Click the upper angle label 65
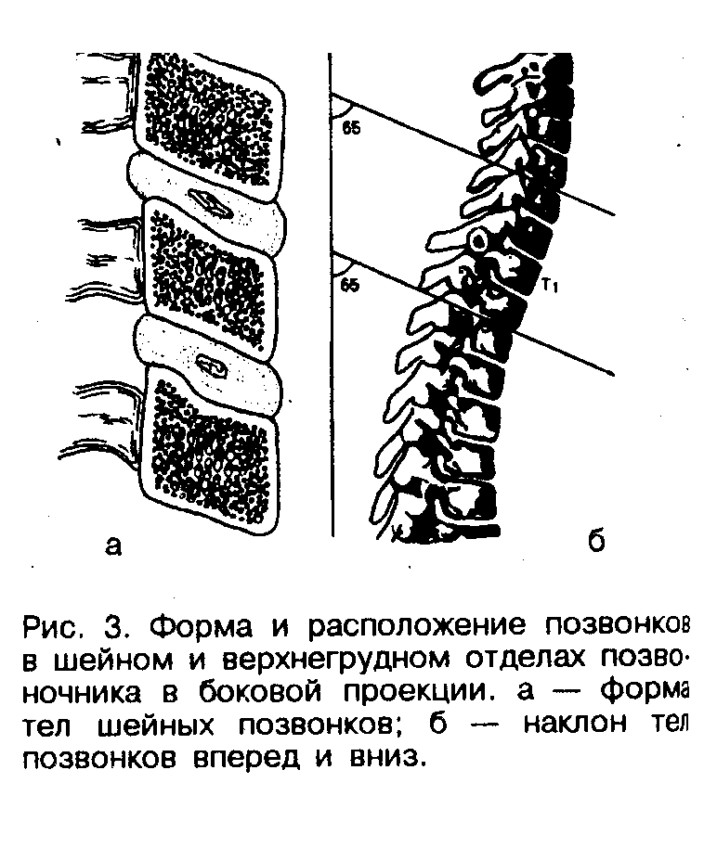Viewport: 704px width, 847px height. click(350, 128)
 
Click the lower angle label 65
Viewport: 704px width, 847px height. click(349, 284)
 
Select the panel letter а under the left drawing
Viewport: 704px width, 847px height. click(112, 545)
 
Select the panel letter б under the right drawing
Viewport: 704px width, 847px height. click(596, 541)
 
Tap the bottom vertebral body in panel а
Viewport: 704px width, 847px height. click(210, 449)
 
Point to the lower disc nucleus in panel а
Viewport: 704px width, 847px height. click(213, 366)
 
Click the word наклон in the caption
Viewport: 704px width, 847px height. click(577, 725)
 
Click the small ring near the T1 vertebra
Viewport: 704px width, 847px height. click(478, 240)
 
